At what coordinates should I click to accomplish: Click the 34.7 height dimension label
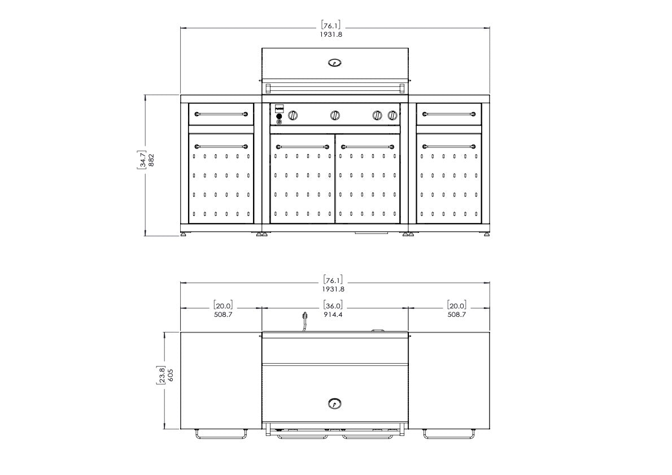pos(141,159)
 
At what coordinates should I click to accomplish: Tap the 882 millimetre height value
pos(151,159)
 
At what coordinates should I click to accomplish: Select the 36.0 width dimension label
pos(333,306)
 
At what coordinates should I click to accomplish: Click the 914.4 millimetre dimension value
pos(333,315)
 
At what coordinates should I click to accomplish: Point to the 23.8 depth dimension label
pos(161,376)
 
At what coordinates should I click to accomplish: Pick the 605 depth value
pos(171,376)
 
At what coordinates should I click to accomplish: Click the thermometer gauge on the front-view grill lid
pos(335,63)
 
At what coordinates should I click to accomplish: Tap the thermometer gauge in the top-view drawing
pos(335,403)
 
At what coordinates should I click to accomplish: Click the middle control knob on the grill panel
pos(335,115)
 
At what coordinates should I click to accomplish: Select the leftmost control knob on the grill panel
pos(293,115)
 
